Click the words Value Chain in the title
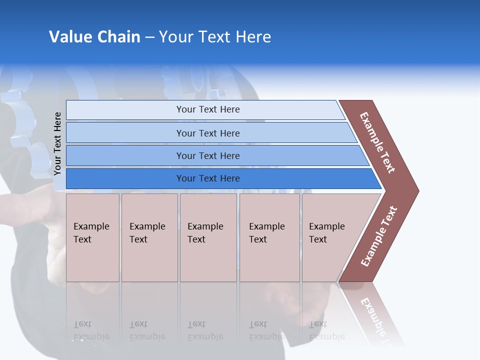[94, 36]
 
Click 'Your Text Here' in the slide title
[215, 36]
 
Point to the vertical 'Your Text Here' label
[58, 144]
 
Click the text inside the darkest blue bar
[208, 178]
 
